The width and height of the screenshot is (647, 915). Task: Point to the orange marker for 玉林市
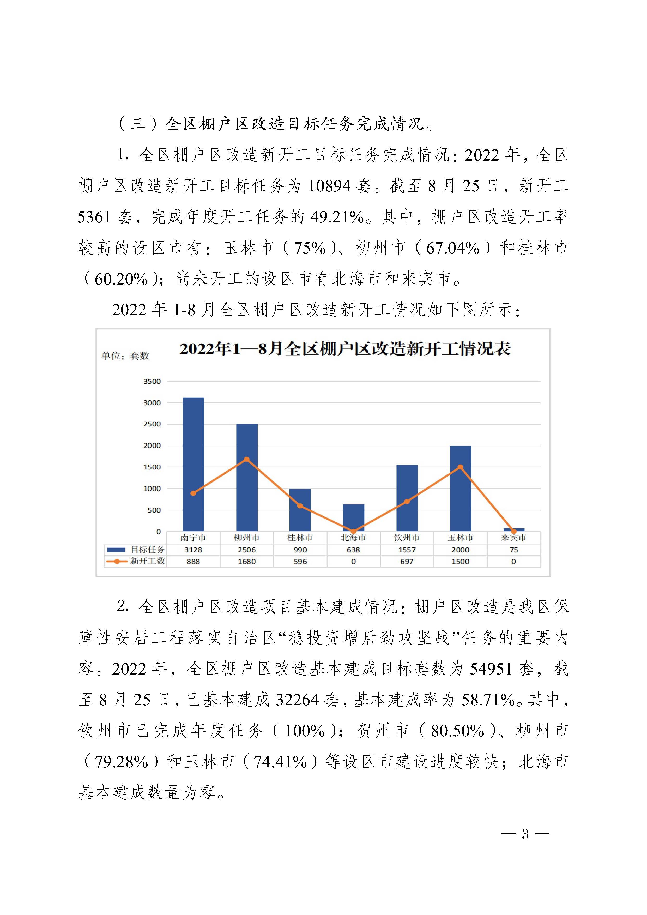click(x=460, y=467)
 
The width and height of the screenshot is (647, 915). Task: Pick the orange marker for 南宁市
click(x=193, y=493)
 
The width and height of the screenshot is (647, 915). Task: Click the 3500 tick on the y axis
click(x=152, y=381)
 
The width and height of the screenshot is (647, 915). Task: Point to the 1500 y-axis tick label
click(x=152, y=467)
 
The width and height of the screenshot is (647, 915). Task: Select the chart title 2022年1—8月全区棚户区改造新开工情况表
click(x=345, y=349)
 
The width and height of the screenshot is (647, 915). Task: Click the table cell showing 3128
click(x=193, y=550)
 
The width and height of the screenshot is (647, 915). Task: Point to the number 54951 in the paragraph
click(x=491, y=669)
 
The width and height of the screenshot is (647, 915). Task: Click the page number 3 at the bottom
click(x=525, y=834)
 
